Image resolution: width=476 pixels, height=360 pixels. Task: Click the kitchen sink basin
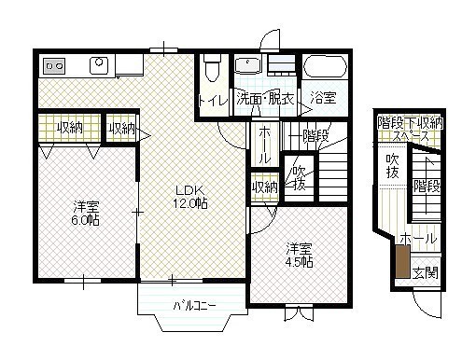click(99, 65)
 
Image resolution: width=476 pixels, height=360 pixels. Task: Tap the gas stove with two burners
click(54, 66)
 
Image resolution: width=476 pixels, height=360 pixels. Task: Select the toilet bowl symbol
click(212, 68)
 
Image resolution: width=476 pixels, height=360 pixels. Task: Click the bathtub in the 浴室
click(325, 66)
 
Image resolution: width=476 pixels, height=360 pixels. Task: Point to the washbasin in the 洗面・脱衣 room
click(248, 65)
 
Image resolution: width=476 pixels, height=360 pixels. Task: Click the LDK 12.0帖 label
click(190, 197)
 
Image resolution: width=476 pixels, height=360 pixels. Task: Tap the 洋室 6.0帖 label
click(86, 213)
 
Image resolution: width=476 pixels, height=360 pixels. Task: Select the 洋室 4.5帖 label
click(299, 256)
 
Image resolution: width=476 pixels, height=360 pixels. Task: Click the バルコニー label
click(194, 306)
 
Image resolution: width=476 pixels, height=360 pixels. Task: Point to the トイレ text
click(213, 101)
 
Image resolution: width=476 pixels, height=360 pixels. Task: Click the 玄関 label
click(426, 272)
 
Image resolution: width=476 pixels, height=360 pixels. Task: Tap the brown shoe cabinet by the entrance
click(403, 261)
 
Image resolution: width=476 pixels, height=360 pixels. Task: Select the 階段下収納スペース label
click(410, 130)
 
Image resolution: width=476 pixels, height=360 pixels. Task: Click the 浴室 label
click(324, 98)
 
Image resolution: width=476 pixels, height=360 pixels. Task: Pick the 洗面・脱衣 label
click(265, 98)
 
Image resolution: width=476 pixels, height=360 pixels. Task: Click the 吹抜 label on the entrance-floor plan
click(393, 166)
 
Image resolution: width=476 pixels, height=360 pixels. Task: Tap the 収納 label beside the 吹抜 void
click(265, 187)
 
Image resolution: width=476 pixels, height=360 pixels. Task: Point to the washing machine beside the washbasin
click(282, 65)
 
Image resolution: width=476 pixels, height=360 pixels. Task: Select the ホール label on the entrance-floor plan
click(418, 239)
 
